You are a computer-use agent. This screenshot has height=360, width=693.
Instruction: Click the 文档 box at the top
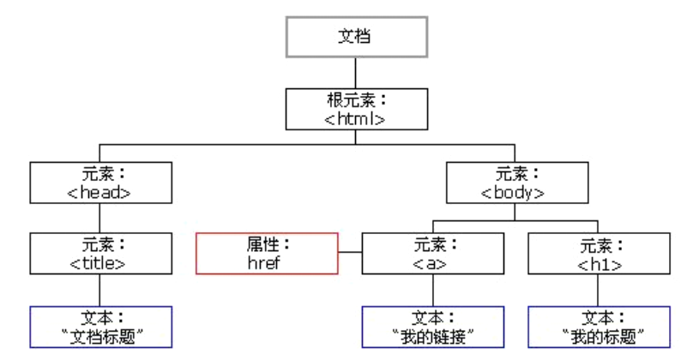355,37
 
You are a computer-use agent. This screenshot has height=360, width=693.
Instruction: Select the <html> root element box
355,109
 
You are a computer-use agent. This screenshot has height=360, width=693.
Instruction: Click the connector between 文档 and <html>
355,73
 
